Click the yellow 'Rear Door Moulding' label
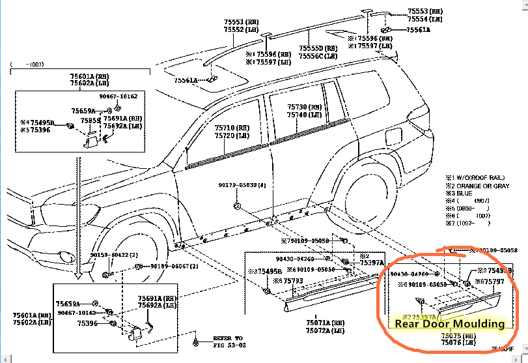(450, 323)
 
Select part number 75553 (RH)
(424, 12)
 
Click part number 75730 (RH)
(305, 107)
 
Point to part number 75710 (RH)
(231, 128)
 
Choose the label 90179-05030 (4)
(242, 185)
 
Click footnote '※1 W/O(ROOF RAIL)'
(476, 177)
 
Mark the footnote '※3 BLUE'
(462, 194)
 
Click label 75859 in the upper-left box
(90, 121)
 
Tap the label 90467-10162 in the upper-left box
(118, 96)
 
